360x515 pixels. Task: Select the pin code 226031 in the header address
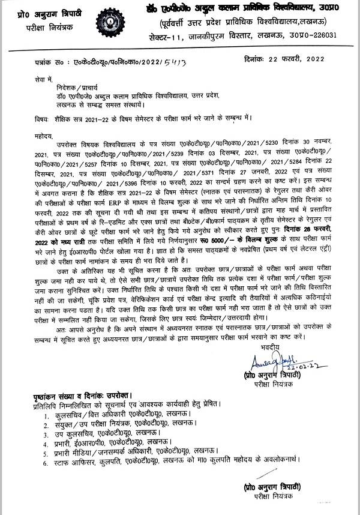(323, 35)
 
